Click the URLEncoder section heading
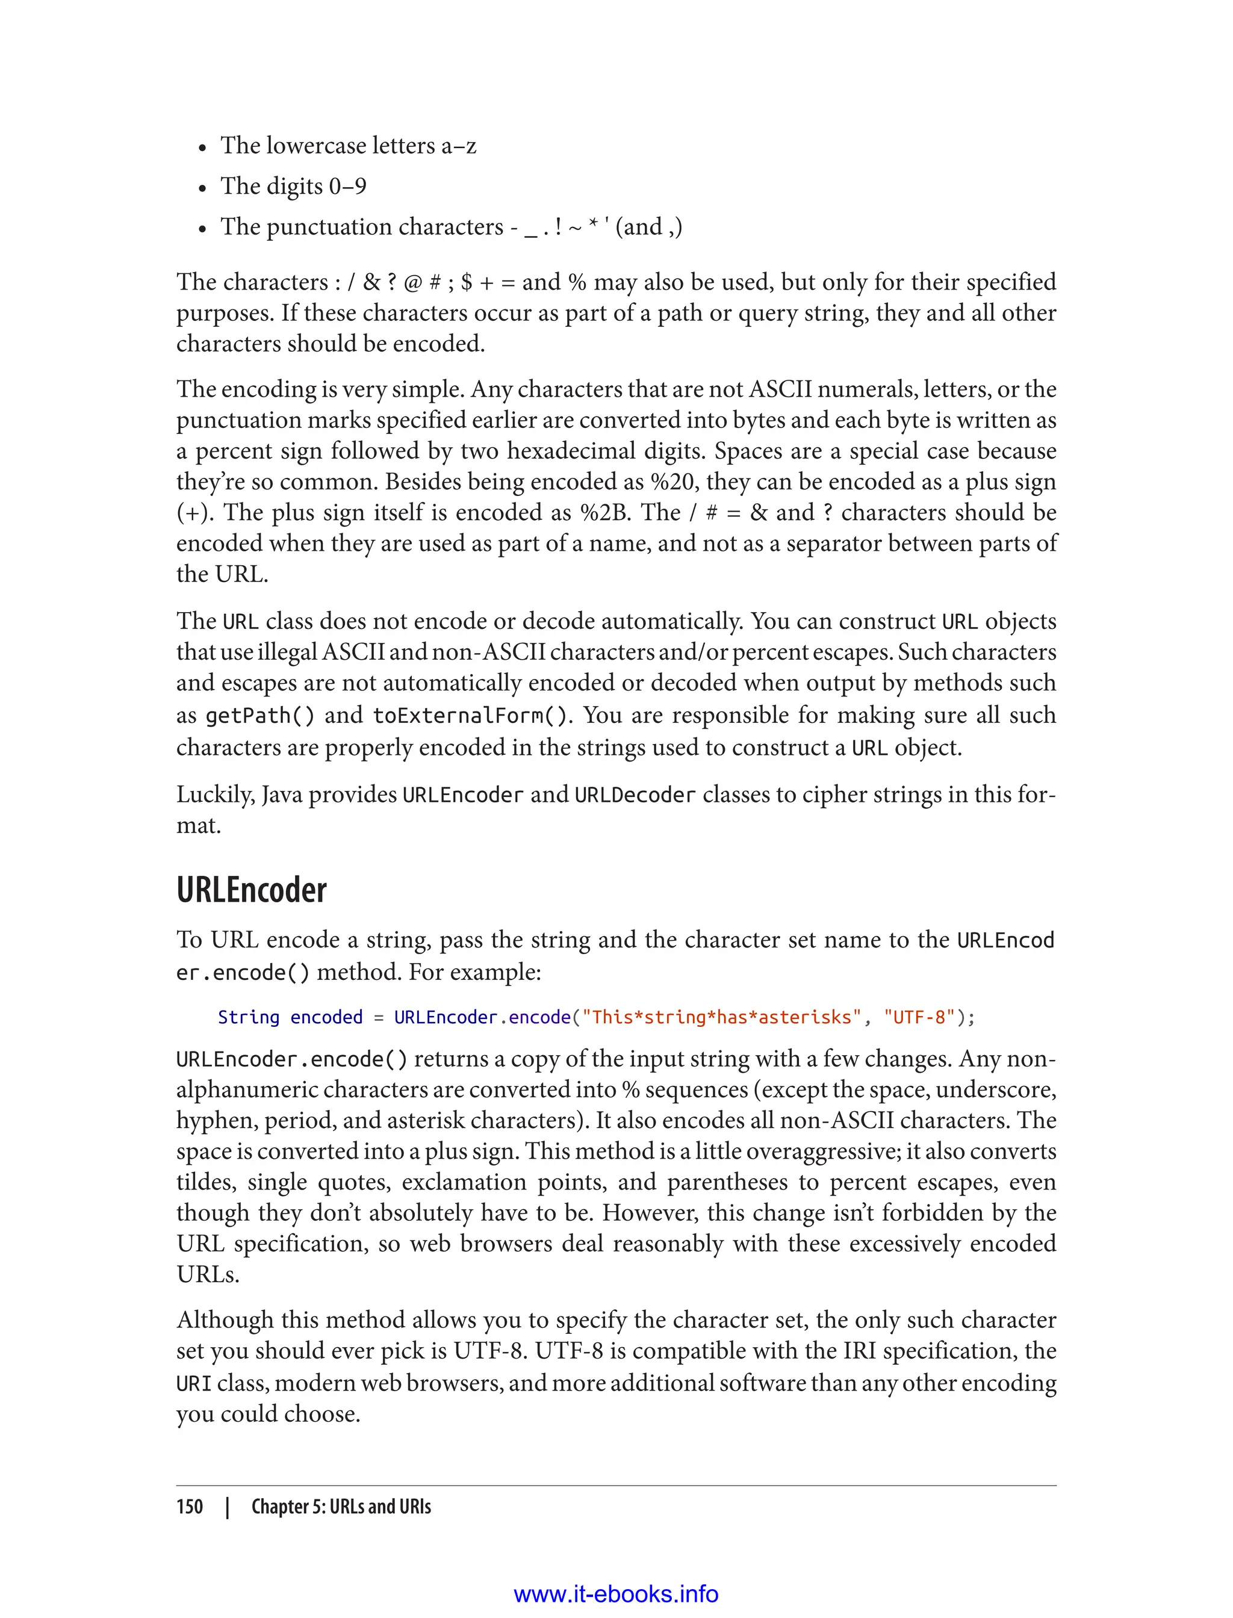tap(251, 890)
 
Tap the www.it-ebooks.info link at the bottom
tap(616, 1594)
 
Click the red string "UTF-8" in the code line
tap(919, 1017)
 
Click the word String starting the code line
tap(248, 1017)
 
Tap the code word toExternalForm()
tap(470, 716)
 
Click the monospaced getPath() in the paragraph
tap(260, 716)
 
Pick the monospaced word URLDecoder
tap(634, 795)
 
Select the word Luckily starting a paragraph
tap(215, 795)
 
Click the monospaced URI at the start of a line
tap(194, 1384)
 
